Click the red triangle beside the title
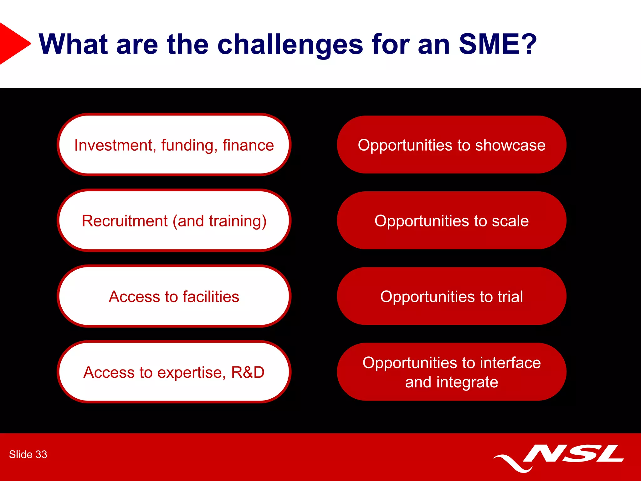point(13,44)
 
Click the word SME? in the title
point(498,44)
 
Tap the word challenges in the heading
point(290,45)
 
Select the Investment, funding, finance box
point(174,145)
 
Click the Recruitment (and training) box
point(174,220)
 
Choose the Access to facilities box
point(174,296)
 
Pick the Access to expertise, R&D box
point(174,372)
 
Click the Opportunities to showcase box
point(452,145)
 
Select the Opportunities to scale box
point(452,220)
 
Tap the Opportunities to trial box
point(452,296)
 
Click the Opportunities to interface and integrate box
point(452,372)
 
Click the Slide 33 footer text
point(28,454)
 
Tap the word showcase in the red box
point(510,145)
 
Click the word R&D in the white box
point(248,372)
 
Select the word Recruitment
point(125,221)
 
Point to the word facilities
point(211,297)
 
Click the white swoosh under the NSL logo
point(513,463)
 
